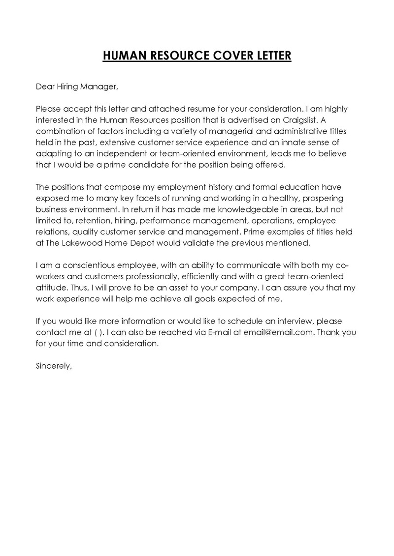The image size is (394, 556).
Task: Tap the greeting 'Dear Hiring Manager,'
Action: (77, 87)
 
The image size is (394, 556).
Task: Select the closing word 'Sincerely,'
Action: (54, 366)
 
